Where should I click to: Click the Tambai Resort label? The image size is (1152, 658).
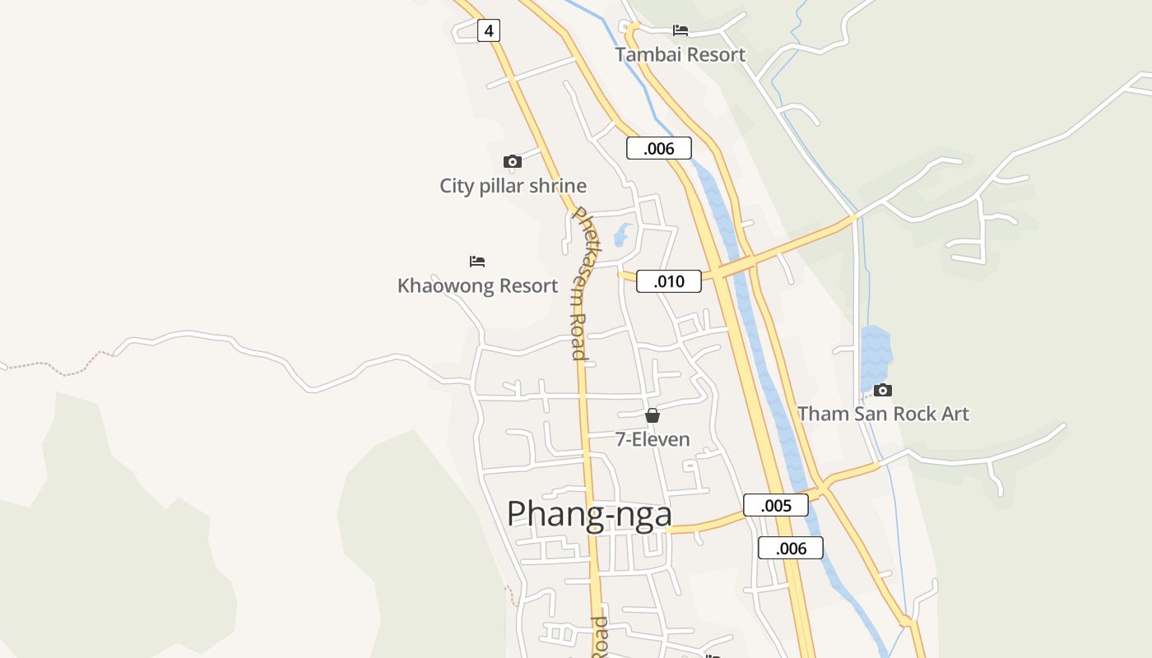[x=681, y=55]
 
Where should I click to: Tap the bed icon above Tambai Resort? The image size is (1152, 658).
[x=681, y=30]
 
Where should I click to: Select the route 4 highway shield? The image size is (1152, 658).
[x=489, y=31]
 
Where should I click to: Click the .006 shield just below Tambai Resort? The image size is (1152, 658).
[x=658, y=148]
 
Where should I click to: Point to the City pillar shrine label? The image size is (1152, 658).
[x=513, y=186]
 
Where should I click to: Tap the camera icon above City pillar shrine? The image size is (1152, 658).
[x=513, y=161]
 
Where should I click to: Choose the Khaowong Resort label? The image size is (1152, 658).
[x=477, y=286]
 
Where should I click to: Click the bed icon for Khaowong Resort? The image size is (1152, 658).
[x=477, y=262]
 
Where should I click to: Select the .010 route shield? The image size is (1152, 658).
[x=669, y=281]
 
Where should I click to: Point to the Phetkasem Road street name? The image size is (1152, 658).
[x=579, y=284]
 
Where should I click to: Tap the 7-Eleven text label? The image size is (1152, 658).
[x=653, y=439]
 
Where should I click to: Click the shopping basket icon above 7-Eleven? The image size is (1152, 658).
[x=653, y=415]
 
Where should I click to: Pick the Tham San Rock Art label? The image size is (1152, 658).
[x=883, y=414]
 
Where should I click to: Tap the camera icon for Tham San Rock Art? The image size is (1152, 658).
[x=883, y=390]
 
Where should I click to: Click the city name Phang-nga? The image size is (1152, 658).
[x=589, y=514]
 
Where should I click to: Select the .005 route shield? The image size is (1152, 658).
[x=776, y=505]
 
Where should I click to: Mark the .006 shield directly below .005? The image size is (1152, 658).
[x=791, y=548]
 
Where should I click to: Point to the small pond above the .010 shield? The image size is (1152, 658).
[x=623, y=234]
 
